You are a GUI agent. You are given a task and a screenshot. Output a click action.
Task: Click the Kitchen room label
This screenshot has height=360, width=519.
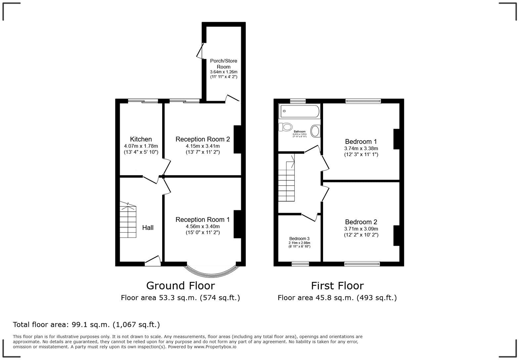pos(141,139)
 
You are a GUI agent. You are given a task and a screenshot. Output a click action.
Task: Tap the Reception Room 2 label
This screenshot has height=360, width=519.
pos(202,139)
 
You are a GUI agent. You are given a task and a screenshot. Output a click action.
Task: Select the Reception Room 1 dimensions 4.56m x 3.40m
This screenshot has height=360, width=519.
pos(203,226)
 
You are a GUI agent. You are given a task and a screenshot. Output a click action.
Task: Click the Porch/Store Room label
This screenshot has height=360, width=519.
pos(223,64)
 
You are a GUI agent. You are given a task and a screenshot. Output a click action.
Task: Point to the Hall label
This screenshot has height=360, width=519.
pos(148,228)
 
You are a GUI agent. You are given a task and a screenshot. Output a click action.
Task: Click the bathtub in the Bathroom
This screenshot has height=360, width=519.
pos(299,111)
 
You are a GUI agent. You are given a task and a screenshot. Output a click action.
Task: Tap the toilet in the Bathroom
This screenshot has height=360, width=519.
pos(286,127)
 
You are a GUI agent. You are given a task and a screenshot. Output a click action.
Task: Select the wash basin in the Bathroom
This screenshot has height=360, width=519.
pos(315,131)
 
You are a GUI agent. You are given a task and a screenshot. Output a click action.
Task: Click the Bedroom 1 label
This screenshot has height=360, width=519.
pos(361,142)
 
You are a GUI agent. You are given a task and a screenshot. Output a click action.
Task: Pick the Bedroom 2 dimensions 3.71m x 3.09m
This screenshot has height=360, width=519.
pos(361,229)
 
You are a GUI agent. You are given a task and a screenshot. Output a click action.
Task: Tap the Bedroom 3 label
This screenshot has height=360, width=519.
pos(299,239)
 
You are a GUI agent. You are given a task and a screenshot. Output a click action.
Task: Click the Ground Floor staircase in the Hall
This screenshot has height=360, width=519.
pos(128,221)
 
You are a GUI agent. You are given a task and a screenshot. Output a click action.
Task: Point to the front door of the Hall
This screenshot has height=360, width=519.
pos(153,261)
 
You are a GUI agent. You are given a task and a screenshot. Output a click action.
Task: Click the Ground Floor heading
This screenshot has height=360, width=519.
pos(180,286)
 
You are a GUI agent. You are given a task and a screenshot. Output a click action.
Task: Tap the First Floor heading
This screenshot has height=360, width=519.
pos(337,286)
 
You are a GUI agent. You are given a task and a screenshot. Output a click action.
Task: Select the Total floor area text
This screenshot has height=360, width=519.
pos(86,325)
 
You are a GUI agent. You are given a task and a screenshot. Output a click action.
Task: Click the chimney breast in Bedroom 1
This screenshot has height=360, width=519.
pos(396,139)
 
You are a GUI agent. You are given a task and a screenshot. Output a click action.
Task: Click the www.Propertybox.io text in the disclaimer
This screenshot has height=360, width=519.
pos(215,347)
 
